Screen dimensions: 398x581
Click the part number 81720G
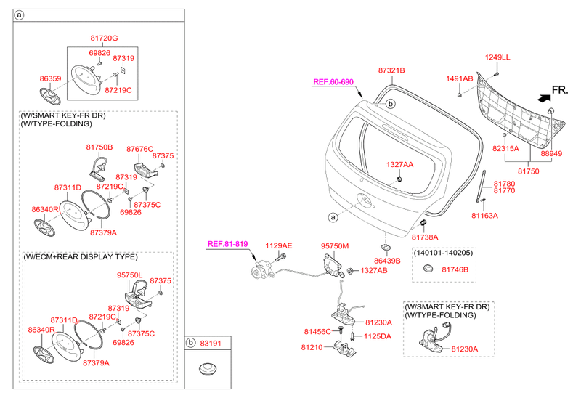(104, 38)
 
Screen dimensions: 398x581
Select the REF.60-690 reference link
(333, 82)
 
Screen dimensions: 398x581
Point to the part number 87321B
(391, 70)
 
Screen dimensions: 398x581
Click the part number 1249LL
(498, 57)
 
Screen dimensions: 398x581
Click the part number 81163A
(486, 216)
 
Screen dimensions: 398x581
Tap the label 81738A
(426, 237)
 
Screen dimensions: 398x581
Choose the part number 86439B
(387, 259)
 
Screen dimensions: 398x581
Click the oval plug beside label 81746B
(428, 269)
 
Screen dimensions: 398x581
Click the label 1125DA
(378, 336)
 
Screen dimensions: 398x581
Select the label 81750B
(100, 147)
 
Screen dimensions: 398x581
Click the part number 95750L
(131, 275)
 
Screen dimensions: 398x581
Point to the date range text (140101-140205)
(443, 252)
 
